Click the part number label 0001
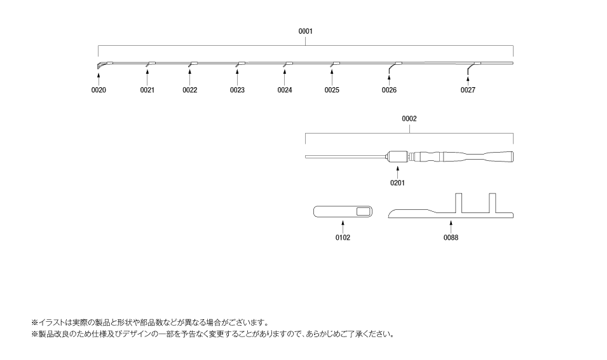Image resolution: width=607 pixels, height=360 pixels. [x=306, y=31]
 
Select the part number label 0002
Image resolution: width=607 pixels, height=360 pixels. [x=409, y=119]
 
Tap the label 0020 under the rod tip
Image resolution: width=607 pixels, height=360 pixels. [x=99, y=90]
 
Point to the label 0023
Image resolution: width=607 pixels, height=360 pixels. [x=237, y=90]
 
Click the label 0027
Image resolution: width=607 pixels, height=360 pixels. [x=468, y=90]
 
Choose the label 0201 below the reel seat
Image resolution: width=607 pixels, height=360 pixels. [x=397, y=183]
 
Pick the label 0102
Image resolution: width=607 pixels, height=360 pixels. [x=343, y=237]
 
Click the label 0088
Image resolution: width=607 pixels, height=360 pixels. [x=451, y=237]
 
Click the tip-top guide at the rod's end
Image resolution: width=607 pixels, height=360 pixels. [x=100, y=66]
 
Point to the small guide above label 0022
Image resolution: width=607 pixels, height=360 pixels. [x=191, y=64]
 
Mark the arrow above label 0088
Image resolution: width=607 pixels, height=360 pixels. [x=451, y=227]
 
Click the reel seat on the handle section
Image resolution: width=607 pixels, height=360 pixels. [x=399, y=157]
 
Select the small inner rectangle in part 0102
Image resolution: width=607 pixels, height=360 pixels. [x=363, y=211]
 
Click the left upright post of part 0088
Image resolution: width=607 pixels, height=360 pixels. [x=458, y=203]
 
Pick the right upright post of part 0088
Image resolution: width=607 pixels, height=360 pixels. [x=493, y=203]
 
